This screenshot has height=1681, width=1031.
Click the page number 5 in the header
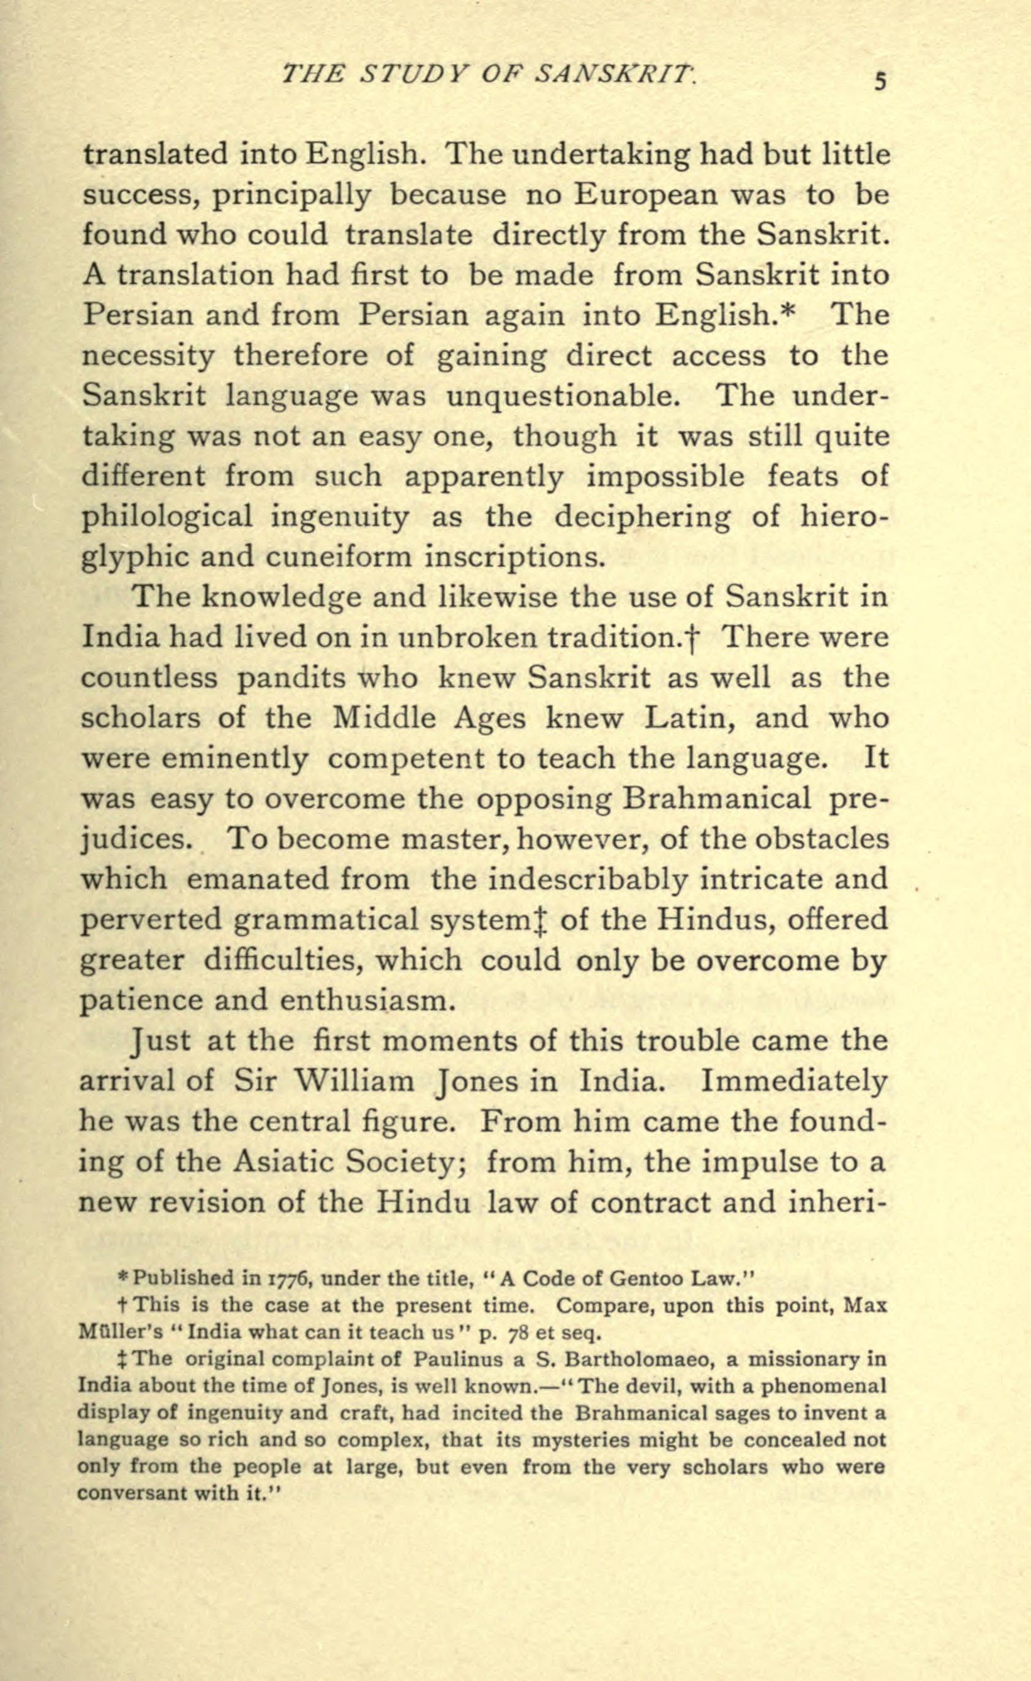click(x=880, y=82)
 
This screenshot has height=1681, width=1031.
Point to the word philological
click(x=167, y=517)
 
